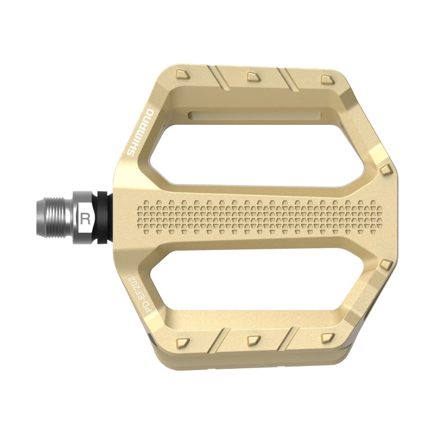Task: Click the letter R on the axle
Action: [x=86, y=219]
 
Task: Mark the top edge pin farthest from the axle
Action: [x=325, y=78]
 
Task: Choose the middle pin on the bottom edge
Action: [x=252, y=339]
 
